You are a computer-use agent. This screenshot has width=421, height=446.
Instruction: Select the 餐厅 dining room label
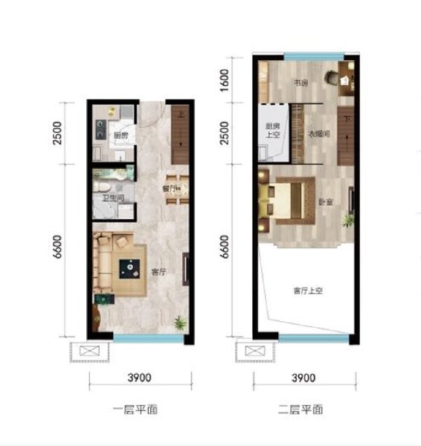point(168,190)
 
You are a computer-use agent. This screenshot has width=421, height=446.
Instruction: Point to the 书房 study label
point(300,84)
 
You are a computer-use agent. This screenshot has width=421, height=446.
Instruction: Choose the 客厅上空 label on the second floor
point(306,291)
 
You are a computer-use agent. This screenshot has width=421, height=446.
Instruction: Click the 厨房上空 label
point(272,131)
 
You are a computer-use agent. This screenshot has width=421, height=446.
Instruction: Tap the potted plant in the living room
point(179,323)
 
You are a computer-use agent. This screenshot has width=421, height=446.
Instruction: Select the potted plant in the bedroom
point(347,220)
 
